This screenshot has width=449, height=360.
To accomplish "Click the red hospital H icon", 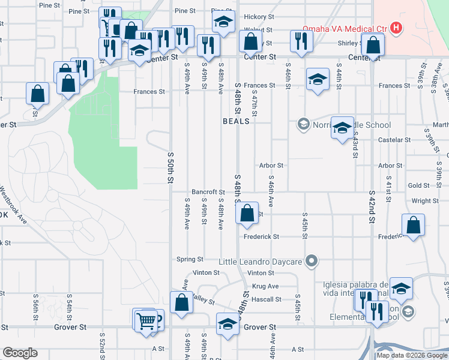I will [x=396, y=28].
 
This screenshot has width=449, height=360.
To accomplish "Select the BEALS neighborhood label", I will [x=236, y=121].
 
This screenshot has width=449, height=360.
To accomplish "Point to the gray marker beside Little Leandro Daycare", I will [x=311, y=260].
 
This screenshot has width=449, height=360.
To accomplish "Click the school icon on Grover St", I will [x=228, y=325].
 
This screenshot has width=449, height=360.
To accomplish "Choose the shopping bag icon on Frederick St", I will [x=414, y=226].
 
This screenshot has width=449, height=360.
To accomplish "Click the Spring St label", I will [x=190, y=259].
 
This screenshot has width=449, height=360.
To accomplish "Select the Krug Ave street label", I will [x=265, y=286].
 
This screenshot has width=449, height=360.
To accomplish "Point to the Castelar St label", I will [x=394, y=140].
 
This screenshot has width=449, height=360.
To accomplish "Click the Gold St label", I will [x=418, y=186].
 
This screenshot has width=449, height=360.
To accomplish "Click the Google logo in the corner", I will [x=20, y=352].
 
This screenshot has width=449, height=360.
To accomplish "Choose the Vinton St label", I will [x=206, y=272].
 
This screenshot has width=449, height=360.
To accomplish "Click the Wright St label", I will [x=425, y=201].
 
